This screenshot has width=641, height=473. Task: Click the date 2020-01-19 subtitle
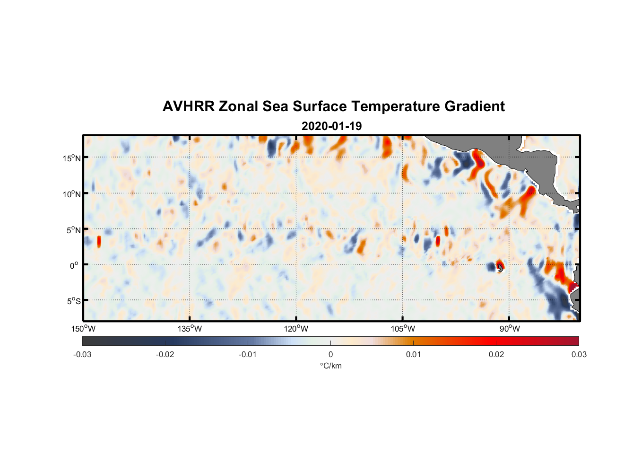[331, 126]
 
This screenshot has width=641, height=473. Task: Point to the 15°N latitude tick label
[72, 158]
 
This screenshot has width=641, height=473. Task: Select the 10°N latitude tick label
[72, 194]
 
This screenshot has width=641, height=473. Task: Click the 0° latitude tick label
[74, 265]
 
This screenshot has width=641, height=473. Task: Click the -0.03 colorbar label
[82, 355]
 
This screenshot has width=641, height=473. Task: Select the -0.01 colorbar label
[248, 355]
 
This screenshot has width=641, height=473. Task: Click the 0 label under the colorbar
[330, 355]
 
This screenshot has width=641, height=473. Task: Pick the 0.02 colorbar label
[496, 355]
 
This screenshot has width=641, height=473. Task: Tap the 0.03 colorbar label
[579, 355]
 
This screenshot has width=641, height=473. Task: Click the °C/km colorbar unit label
[330, 366]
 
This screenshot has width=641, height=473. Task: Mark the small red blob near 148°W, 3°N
[99, 241]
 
